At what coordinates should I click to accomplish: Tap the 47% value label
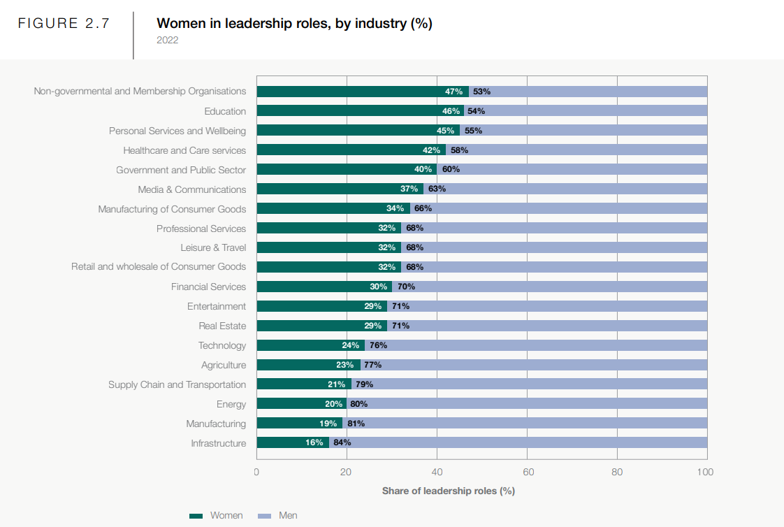click(453, 92)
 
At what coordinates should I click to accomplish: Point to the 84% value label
click(342, 442)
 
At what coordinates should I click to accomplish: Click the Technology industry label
click(222, 345)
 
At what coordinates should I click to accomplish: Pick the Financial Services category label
click(208, 287)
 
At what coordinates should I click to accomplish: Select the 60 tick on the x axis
click(528, 472)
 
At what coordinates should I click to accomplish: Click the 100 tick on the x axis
click(706, 472)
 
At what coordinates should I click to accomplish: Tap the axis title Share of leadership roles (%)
click(448, 491)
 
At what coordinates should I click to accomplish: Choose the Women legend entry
click(217, 516)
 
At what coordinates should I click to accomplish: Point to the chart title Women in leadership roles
click(294, 24)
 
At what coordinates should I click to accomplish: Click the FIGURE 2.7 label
click(64, 23)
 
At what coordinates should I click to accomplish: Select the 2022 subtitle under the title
click(168, 41)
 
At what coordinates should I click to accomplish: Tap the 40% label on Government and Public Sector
click(423, 170)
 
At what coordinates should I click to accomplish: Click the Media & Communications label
click(192, 189)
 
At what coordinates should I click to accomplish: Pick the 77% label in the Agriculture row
click(372, 365)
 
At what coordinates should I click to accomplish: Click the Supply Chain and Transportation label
click(177, 384)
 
